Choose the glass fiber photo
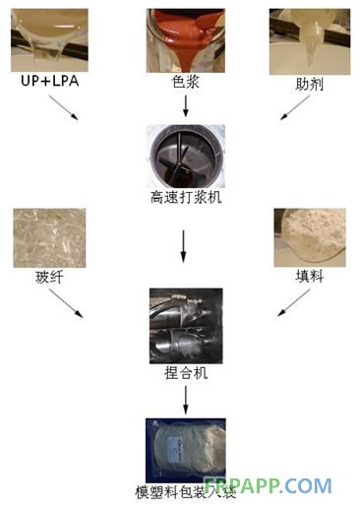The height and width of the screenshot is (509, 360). coord(42,241)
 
